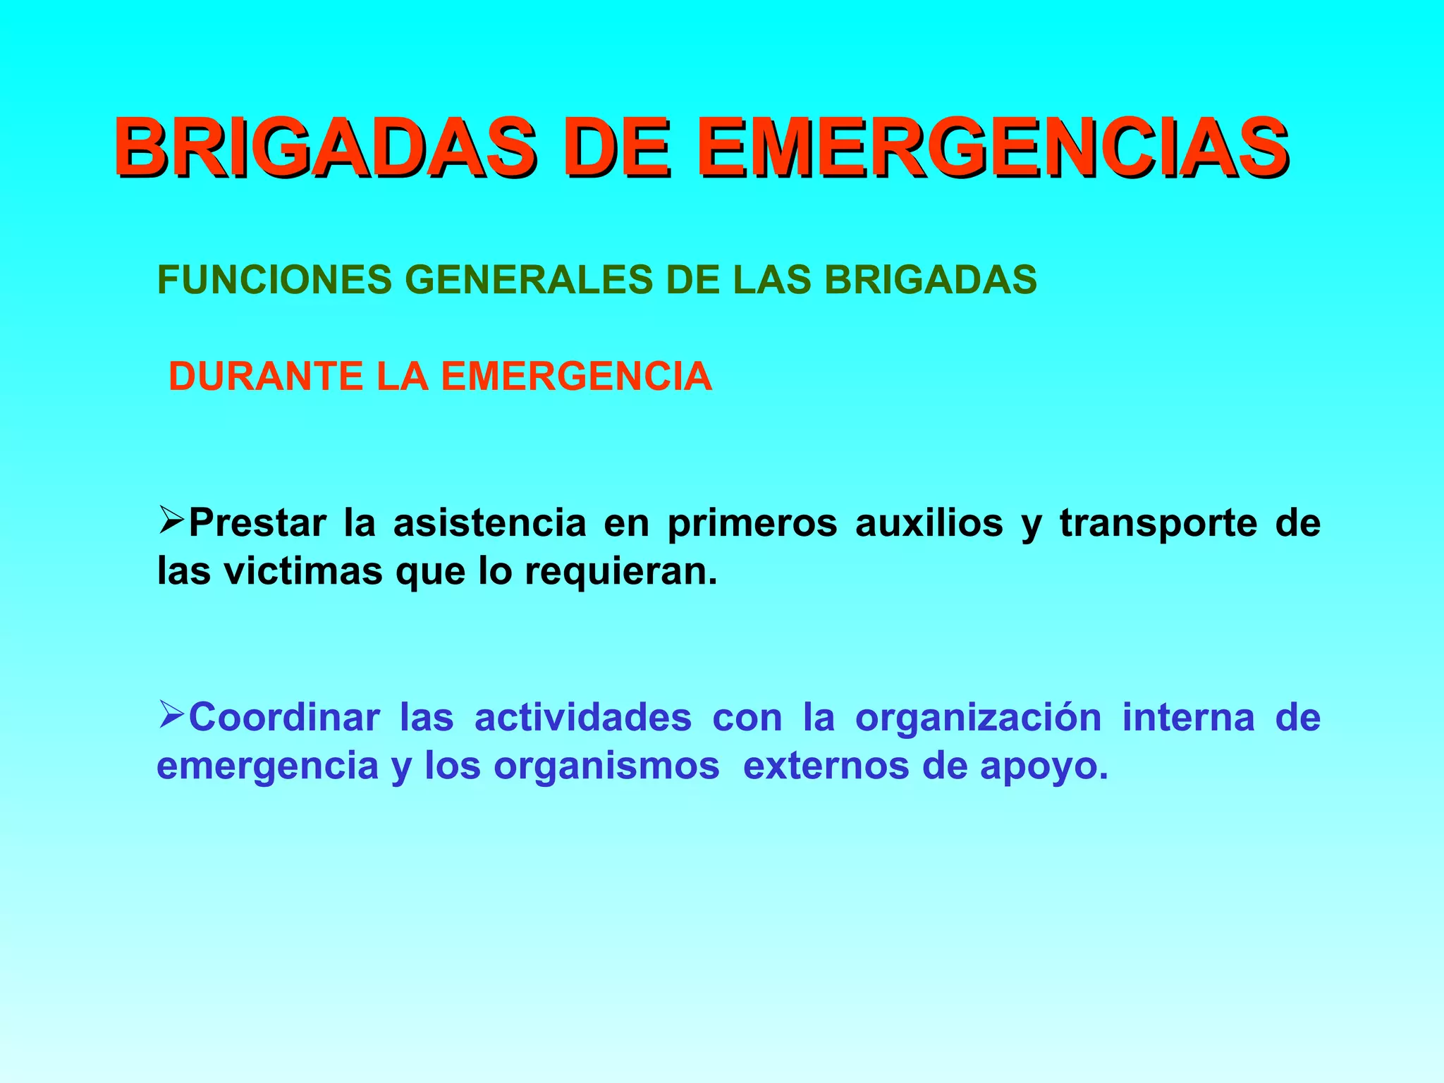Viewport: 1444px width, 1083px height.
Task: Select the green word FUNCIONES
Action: (x=274, y=280)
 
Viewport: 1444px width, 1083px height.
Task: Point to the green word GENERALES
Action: (x=530, y=280)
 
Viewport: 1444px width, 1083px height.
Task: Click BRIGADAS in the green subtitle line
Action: (x=931, y=280)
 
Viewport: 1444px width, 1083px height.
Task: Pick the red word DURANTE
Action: (x=266, y=377)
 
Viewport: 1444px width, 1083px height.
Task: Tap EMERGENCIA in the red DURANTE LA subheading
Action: (x=577, y=377)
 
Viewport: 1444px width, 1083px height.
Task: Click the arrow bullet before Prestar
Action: (x=171, y=521)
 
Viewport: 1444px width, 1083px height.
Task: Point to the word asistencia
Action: (x=490, y=523)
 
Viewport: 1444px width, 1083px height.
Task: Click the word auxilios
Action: (x=929, y=523)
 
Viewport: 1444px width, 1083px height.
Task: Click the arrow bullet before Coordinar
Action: (x=171, y=715)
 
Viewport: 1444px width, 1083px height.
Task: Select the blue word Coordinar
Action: (x=284, y=718)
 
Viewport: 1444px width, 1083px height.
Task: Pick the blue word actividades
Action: (x=583, y=718)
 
